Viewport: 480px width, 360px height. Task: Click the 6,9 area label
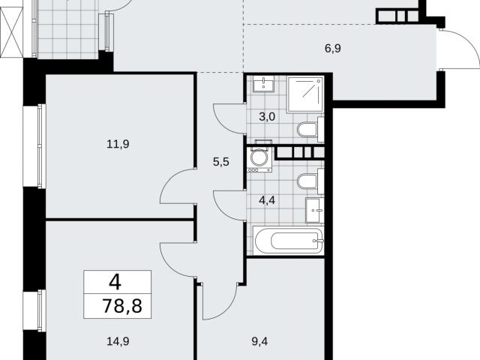333,49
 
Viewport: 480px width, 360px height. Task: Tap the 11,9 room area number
118,144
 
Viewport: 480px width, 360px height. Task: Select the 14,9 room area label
118,341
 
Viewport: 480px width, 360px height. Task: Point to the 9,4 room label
259,341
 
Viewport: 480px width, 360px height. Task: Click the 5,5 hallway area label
221,162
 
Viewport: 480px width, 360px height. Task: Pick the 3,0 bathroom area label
267,117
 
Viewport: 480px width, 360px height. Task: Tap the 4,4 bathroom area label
267,201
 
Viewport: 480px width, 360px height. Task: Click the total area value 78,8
122,305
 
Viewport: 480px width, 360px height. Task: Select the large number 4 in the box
115,282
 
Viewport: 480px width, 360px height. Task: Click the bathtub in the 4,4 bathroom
288,241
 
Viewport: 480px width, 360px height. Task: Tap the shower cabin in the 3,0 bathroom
305,94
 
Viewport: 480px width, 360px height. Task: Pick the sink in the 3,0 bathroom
263,84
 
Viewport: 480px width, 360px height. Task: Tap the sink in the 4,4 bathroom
314,210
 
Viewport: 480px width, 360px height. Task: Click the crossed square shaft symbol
11,32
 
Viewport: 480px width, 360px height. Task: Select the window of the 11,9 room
41,146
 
